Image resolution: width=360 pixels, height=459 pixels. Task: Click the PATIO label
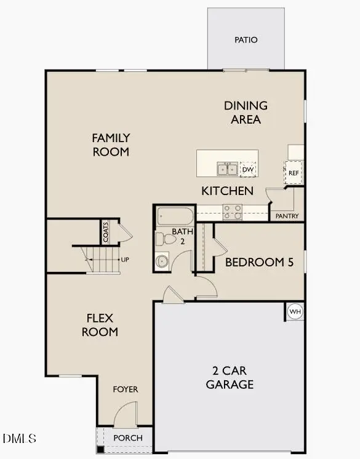pos(246,40)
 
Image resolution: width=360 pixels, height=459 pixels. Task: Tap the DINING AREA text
pos(246,113)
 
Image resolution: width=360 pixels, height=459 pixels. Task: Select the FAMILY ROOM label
pos(111,145)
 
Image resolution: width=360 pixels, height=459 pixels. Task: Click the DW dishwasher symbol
pos(248,169)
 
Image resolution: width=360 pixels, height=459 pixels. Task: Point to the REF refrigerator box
pos(294,173)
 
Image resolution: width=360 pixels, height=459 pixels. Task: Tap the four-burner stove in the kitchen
pos(232,212)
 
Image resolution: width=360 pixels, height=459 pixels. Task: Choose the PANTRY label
pos(287,216)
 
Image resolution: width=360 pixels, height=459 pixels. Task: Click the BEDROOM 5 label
pos(259,262)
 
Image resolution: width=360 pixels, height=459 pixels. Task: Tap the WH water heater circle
pos(295,311)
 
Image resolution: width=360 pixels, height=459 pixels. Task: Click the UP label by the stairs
pos(125,260)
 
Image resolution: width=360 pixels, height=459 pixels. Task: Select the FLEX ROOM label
pos(101,325)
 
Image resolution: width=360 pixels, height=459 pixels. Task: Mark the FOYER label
pos(125,389)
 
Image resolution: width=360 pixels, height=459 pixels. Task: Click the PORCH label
pos(129,438)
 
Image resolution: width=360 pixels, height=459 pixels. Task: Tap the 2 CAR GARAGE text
pos(230,378)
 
